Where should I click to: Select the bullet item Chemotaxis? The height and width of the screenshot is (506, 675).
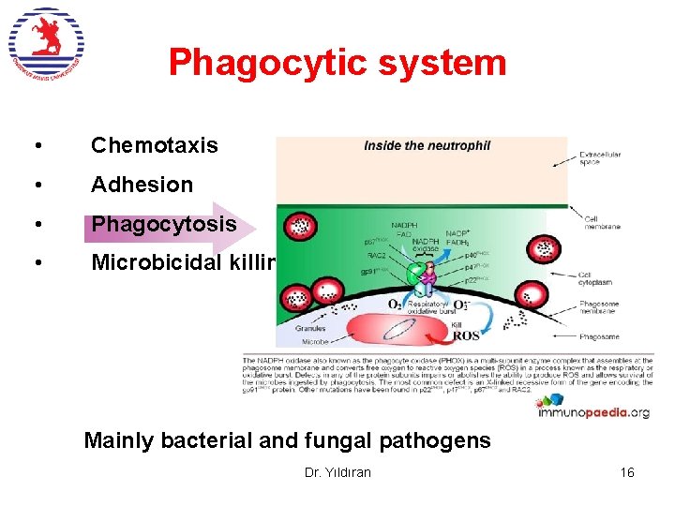point(155,145)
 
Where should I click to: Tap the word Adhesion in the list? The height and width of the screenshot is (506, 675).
point(142,185)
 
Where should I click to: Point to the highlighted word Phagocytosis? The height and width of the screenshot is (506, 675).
point(163,224)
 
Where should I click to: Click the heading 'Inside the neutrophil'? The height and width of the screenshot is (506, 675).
point(427,145)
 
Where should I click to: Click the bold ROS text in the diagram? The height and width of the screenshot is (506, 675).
point(467,335)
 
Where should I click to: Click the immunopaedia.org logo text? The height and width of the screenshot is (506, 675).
point(600,411)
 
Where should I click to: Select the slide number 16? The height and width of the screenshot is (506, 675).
point(627,472)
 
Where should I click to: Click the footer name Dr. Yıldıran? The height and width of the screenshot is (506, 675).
point(337,472)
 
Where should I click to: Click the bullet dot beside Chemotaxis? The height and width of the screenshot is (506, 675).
point(35,146)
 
